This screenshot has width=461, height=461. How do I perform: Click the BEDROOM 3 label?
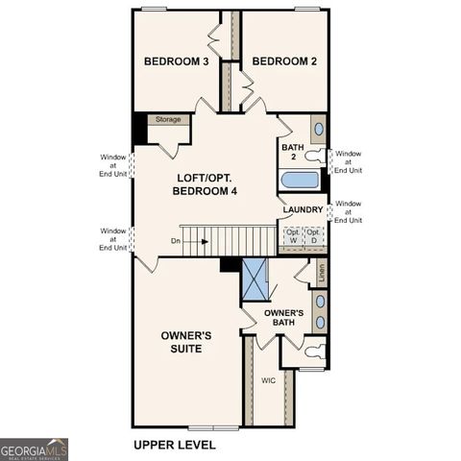(177, 61)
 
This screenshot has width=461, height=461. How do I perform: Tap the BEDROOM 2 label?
(284, 61)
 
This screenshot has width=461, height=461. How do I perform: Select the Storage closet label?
(168, 120)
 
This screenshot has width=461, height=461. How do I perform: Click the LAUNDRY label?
(303, 209)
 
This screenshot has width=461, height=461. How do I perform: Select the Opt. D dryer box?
(314, 235)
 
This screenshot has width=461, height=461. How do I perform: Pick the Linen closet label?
(321, 273)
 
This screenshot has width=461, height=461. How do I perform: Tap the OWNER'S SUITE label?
(186, 342)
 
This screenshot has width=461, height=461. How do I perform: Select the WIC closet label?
(268, 380)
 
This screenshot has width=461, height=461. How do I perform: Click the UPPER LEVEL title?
(174, 445)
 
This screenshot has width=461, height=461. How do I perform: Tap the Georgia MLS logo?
(35, 449)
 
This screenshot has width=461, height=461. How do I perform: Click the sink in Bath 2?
(318, 129)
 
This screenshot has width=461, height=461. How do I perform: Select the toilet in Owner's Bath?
(312, 352)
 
